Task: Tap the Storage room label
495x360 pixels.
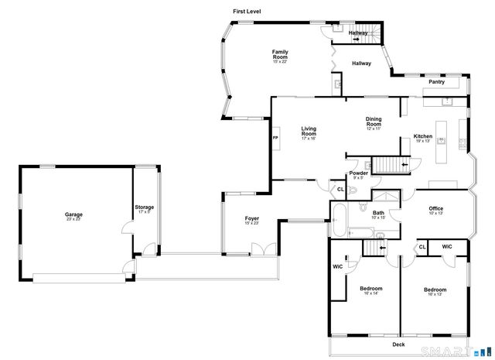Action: tap(145, 208)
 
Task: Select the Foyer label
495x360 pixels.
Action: tap(252, 221)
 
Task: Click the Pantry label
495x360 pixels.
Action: tap(436, 81)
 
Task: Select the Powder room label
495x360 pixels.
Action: tap(359, 174)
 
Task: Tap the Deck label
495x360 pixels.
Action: tap(398, 345)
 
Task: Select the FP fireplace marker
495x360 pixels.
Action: tap(275, 139)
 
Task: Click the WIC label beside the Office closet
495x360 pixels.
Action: tap(446, 247)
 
